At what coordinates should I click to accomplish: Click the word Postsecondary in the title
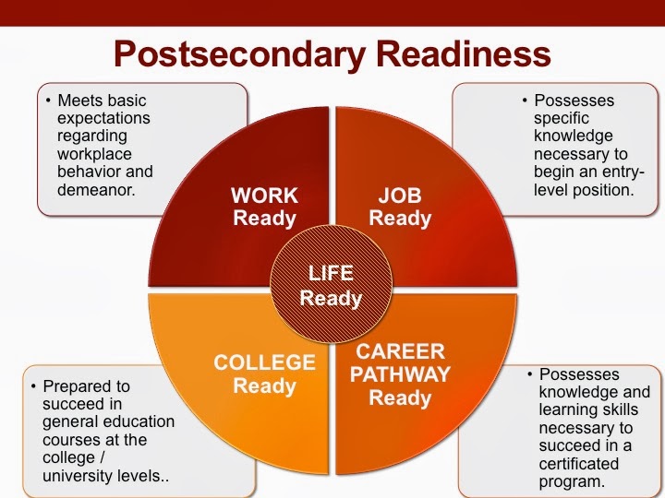pos(239,55)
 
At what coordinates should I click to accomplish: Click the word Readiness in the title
pos(464,53)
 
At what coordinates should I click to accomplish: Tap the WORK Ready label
pos(264,207)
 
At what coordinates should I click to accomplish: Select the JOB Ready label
pos(400,207)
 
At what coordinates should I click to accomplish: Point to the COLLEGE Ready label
pos(265,374)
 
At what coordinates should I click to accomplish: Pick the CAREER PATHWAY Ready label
pos(400,374)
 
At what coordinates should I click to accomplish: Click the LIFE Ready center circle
pos(332,285)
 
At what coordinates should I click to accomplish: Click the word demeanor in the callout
pos(96,190)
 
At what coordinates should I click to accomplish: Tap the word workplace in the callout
pos(94,154)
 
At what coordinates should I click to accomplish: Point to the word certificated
pos(578,464)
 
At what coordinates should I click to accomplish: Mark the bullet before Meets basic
pos(48,101)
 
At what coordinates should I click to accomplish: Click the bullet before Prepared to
pos(33,386)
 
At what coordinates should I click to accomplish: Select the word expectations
pos(103,118)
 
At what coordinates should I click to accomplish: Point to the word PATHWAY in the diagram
pos(400,374)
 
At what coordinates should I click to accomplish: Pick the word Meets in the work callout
pos(79,101)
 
